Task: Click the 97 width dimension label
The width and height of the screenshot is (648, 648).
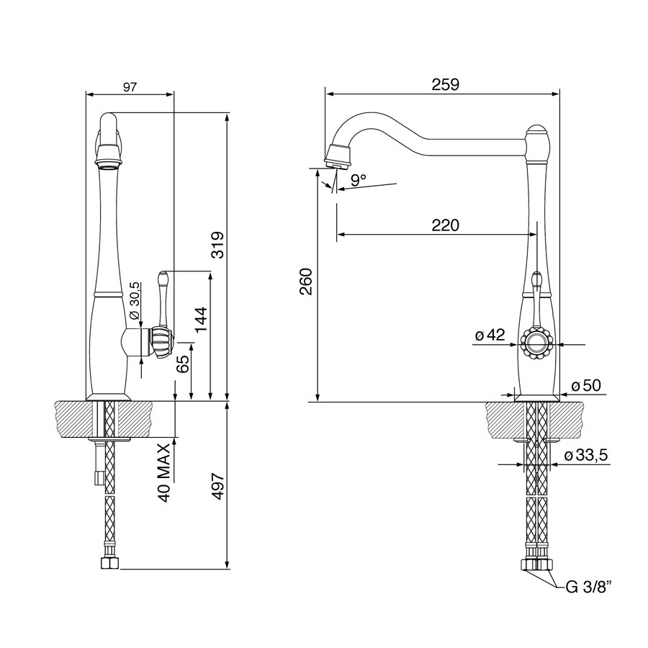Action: coord(130,87)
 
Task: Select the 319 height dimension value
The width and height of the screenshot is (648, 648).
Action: coord(217,245)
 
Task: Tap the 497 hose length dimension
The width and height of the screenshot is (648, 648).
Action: coord(217,486)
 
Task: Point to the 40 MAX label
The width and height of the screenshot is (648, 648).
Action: coord(165,473)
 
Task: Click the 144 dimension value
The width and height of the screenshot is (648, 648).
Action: coord(202,320)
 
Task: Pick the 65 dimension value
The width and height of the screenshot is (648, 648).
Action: coord(182,362)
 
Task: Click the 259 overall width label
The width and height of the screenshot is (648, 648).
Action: coord(446,84)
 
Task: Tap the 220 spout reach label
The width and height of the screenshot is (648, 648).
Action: coord(446,225)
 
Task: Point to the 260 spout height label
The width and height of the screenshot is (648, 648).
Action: coord(306,282)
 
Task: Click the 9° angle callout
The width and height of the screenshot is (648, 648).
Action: coord(358,179)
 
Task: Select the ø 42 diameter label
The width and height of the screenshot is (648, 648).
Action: coord(490,335)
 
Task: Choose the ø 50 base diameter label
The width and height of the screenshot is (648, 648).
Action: coord(586,385)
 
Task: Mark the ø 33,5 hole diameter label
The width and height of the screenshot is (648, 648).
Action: coord(586,456)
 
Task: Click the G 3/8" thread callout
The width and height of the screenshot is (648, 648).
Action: coord(588,586)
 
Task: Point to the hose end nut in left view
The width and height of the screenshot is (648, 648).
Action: coord(110,562)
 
